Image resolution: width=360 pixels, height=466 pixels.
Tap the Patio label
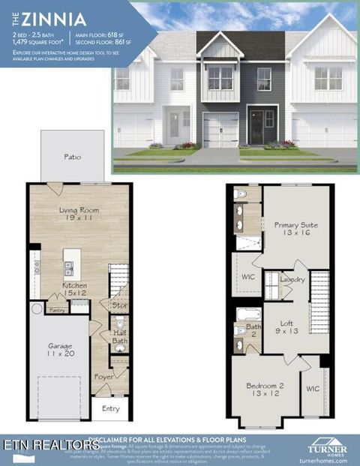pyautogui.click(x=72, y=157)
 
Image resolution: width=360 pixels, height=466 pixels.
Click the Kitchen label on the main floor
pyautogui.click(x=73, y=290)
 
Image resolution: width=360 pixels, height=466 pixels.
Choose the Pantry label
pyautogui.click(x=57, y=309)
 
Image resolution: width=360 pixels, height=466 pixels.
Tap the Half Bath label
pyautogui.click(x=118, y=337)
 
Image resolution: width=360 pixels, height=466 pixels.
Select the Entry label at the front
pyautogui.click(x=110, y=408)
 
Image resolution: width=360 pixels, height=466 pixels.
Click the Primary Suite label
pyautogui.click(x=295, y=229)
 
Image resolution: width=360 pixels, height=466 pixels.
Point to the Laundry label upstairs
pyautogui.click(x=292, y=279)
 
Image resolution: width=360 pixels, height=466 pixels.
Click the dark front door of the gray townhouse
pyautogui.click(x=256, y=125)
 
